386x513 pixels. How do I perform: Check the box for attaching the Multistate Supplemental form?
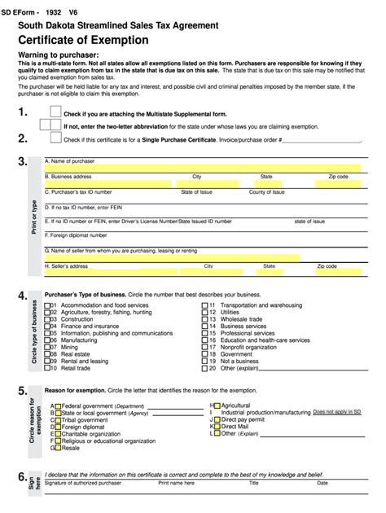coord(55,112)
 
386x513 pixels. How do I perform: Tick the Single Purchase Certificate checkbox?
coord(55,139)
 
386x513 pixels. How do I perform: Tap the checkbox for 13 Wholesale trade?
coord(205,319)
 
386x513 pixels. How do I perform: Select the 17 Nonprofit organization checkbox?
coord(205,347)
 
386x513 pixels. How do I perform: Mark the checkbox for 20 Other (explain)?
coord(205,368)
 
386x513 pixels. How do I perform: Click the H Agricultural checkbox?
coord(215,405)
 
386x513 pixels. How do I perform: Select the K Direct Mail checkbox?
coord(215,426)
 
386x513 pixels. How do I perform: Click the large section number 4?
coord(22,296)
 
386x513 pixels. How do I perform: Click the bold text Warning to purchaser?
coord(58,54)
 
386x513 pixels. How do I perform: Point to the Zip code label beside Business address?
coord(338,176)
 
